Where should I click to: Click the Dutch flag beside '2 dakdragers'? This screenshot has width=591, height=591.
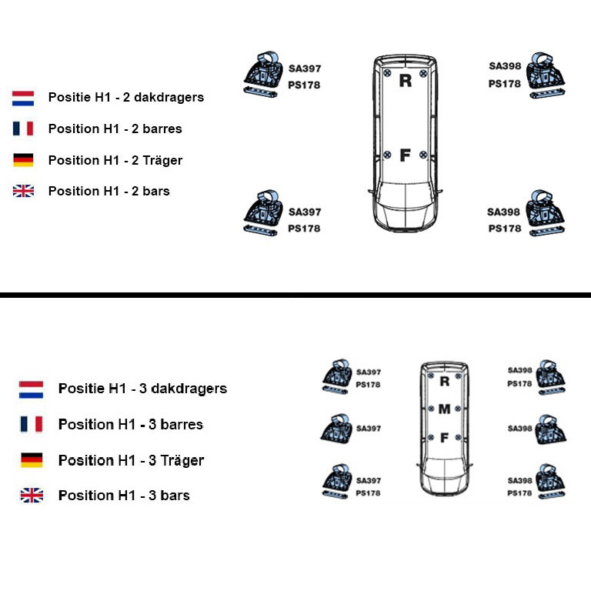pyautogui.click(x=23, y=98)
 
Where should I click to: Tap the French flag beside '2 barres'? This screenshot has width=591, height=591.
pyautogui.click(x=23, y=129)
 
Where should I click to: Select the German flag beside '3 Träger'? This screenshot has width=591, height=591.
pyautogui.click(x=32, y=460)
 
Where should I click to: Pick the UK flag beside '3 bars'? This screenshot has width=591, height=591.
pyautogui.click(x=32, y=496)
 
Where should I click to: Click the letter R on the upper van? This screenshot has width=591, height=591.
pyautogui.click(x=406, y=80)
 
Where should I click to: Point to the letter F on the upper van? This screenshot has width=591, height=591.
pyautogui.click(x=405, y=155)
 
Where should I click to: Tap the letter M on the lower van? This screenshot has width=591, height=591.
pyautogui.click(x=444, y=409)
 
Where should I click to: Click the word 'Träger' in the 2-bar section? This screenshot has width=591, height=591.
pyautogui.click(x=162, y=160)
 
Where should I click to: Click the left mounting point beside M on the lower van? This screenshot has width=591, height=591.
pyautogui.click(x=432, y=409)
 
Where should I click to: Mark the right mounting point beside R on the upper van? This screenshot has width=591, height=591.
pyautogui.click(x=423, y=73)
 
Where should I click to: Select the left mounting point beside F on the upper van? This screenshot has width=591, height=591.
pyautogui.click(x=387, y=155)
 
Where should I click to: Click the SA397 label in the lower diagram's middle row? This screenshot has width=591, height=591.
pyautogui.click(x=369, y=429)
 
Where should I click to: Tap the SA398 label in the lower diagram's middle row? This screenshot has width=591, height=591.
pyautogui.click(x=519, y=429)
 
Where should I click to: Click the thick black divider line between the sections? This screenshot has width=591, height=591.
pyautogui.click(x=295, y=295)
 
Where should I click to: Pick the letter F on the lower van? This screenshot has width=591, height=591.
pyautogui.click(x=444, y=438)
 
